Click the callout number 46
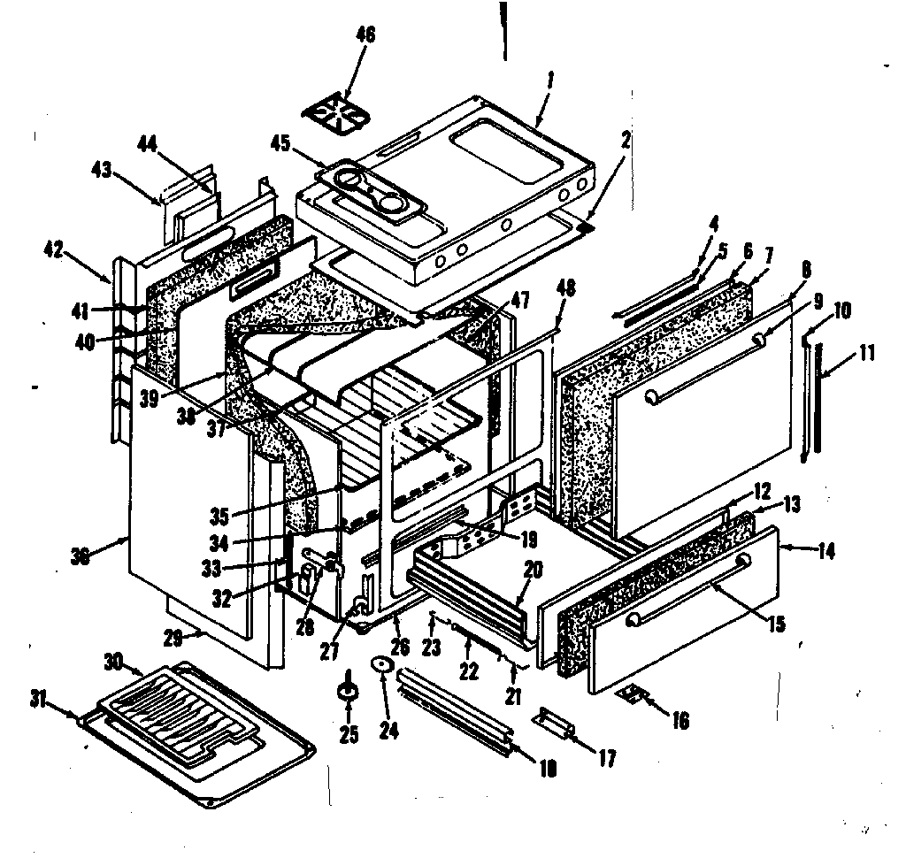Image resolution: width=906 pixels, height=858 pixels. pos(365,36)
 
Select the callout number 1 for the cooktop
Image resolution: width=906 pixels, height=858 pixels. pos(549,79)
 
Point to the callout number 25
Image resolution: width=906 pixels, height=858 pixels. pos(349,734)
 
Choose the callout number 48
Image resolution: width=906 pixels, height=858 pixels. pos(566,287)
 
